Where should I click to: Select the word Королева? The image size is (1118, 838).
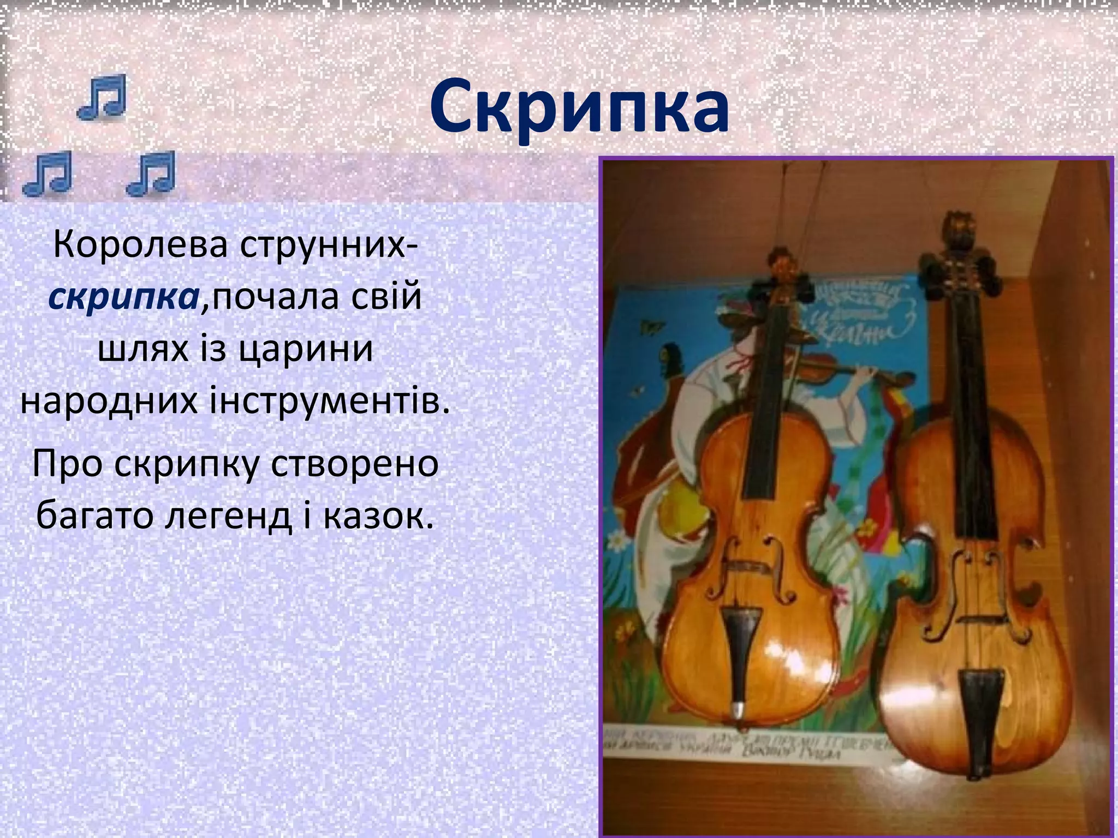click(x=140, y=246)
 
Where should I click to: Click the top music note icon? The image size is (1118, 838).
click(x=102, y=97)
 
